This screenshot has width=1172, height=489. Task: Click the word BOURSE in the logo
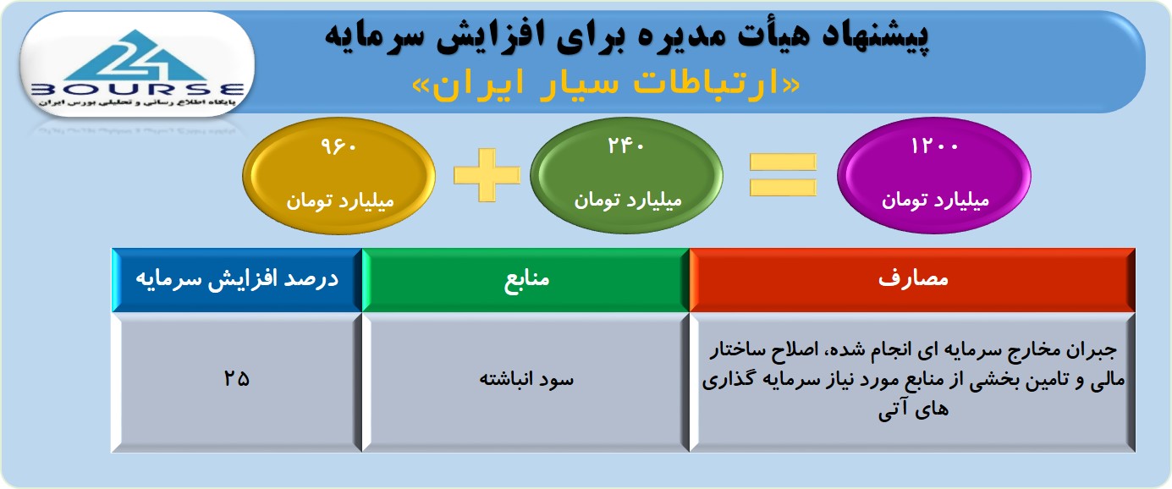[x=137, y=90]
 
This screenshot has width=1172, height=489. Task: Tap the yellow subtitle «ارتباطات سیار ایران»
[x=606, y=85]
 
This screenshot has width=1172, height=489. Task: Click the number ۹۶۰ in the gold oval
[x=339, y=146]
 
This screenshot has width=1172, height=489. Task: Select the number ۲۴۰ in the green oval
[x=625, y=145]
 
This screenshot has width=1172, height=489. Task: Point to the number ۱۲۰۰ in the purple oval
[x=934, y=146]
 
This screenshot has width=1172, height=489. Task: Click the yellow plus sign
[x=487, y=174]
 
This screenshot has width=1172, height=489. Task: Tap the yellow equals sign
[x=783, y=174]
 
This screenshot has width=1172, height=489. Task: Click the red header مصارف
[x=913, y=278]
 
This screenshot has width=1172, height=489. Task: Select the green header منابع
[x=526, y=278]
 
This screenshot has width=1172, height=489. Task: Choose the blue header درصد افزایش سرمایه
[x=237, y=278]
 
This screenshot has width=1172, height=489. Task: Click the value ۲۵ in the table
[x=236, y=378]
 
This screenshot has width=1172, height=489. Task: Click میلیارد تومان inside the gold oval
[x=340, y=201]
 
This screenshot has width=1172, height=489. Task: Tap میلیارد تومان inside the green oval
[x=628, y=201]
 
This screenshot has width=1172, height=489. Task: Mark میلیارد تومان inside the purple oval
[x=936, y=201]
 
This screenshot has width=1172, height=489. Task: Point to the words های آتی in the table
[x=913, y=409]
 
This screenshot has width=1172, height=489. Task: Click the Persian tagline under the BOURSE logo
[x=137, y=102]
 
